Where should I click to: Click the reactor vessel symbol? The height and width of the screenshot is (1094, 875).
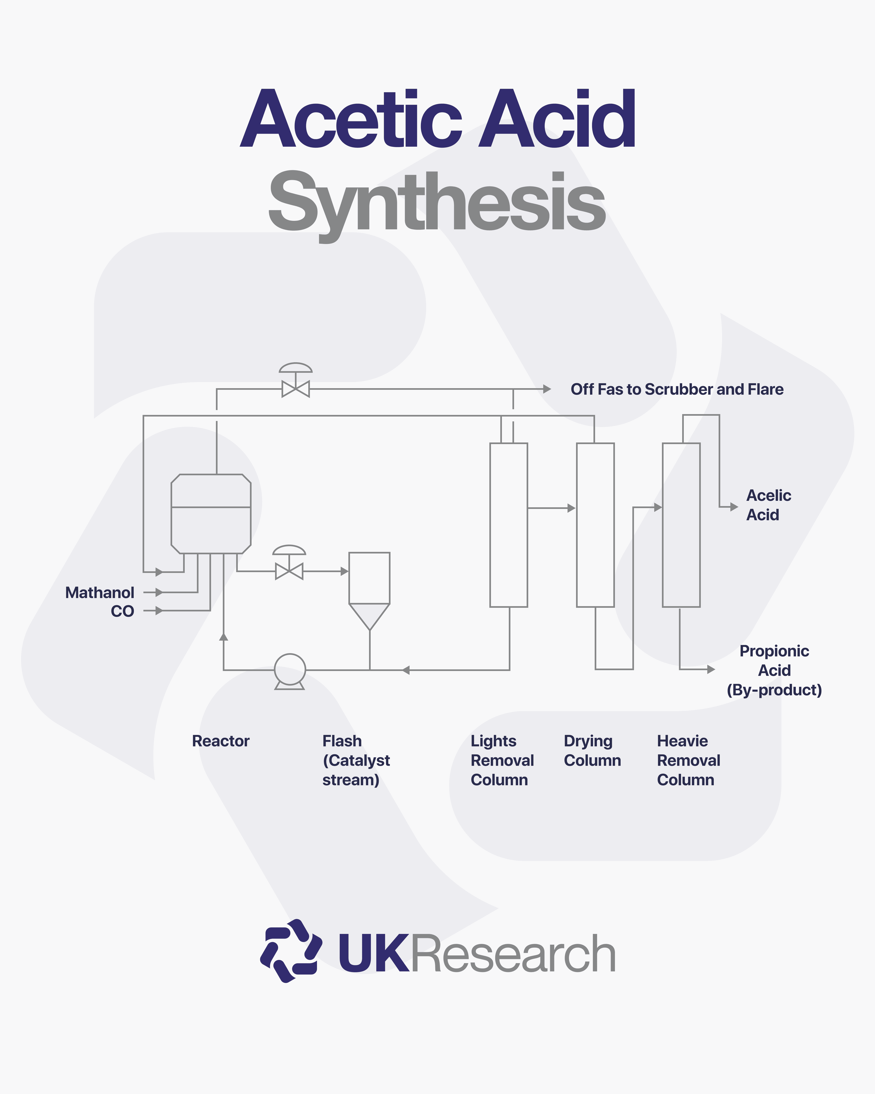click(211, 514)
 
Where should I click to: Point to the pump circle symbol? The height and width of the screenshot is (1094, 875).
click(290, 669)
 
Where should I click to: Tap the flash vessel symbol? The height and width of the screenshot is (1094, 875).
click(369, 589)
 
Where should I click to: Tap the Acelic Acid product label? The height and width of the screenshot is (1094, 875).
click(768, 505)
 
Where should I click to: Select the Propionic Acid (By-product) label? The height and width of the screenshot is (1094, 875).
click(774, 670)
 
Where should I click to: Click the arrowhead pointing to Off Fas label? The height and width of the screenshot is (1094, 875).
click(547, 389)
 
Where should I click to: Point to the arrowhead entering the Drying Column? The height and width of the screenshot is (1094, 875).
click(571, 508)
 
